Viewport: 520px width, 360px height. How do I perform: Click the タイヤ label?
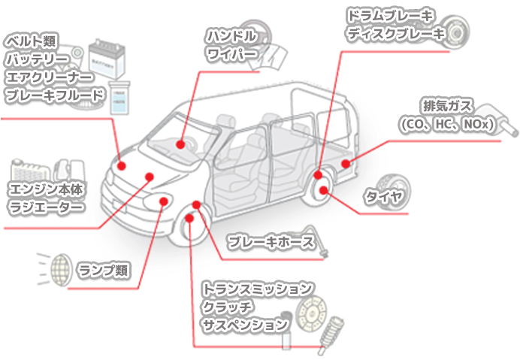coord(384,198)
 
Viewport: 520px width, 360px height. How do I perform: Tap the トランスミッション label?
coord(255,289)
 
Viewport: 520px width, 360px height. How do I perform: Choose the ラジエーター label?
coord(44,207)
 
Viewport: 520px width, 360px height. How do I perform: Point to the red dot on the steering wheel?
coord(181,143)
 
